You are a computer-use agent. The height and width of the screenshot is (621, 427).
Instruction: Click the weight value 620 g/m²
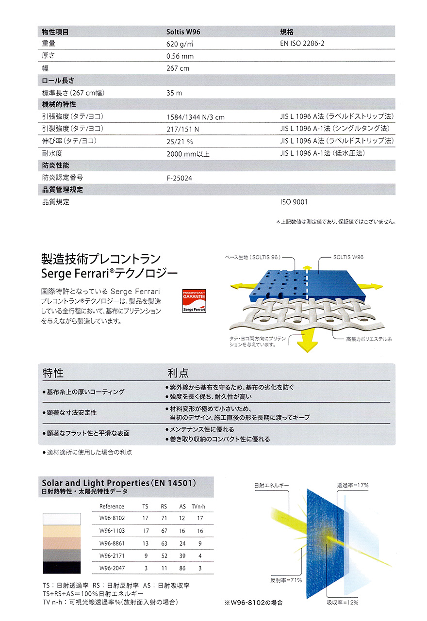click(x=180, y=44)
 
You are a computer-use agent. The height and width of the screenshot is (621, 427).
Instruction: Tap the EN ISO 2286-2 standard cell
click(x=302, y=44)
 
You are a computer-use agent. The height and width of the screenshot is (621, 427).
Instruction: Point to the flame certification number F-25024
click(x=179, y=178)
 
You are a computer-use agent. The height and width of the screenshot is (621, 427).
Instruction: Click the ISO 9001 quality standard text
click(x=294, y=202)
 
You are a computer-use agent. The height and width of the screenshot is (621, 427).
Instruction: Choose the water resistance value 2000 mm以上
click(x=188, y=154)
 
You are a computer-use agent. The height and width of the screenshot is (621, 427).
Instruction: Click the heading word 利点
click(x=178, y=373)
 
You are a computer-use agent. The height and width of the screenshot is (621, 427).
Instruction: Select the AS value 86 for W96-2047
click(x=182, y=568)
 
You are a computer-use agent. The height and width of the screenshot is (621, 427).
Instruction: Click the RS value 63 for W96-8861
click(x=164, y=543)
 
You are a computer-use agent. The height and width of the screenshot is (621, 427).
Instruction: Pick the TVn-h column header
click(x=199, y=507)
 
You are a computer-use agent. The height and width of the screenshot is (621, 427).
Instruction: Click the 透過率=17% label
click(x=353, y=485)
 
